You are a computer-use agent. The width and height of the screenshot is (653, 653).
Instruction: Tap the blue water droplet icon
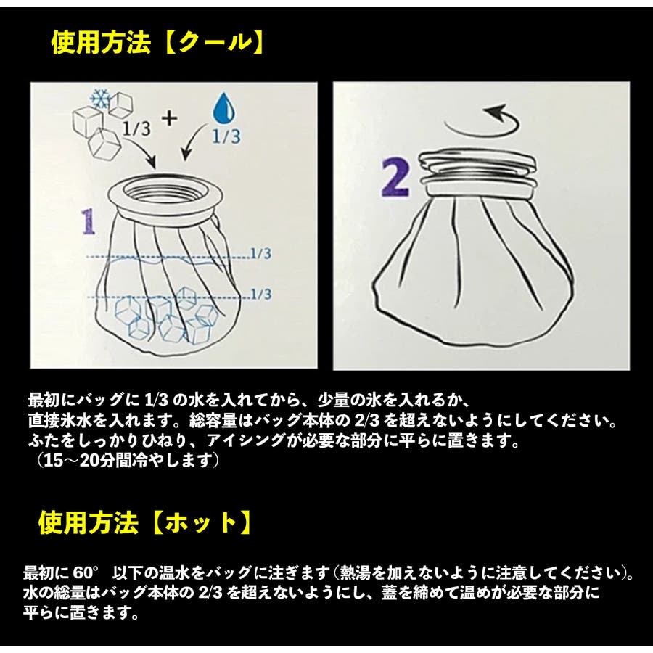click(x=223, y=109)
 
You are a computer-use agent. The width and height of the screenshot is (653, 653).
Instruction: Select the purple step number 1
click(x=89, y=222)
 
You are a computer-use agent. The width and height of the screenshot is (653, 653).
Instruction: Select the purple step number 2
click(x=395, y=178)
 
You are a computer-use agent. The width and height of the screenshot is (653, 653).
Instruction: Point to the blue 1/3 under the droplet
click(x=226, y=136)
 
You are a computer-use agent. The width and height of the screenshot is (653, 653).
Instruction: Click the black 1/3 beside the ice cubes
click(x=136, y=128)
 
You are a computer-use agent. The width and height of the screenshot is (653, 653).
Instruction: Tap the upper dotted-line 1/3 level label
click(x=261, y=253)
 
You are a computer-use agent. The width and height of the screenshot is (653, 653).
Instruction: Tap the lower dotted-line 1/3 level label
click(x=261, y=294)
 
